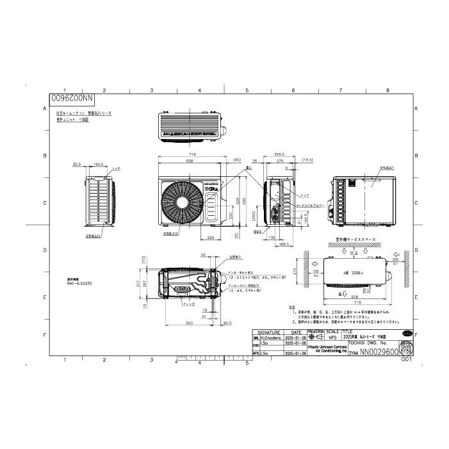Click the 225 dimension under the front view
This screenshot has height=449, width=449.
click(x=211, y=238)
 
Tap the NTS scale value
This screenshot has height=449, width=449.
click(x=332, y=338)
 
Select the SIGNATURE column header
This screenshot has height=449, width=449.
click(x=270, y=332)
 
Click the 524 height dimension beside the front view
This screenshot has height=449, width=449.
click(x=237, y=200)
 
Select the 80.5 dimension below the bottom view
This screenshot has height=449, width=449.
click(x=227, y=323)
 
